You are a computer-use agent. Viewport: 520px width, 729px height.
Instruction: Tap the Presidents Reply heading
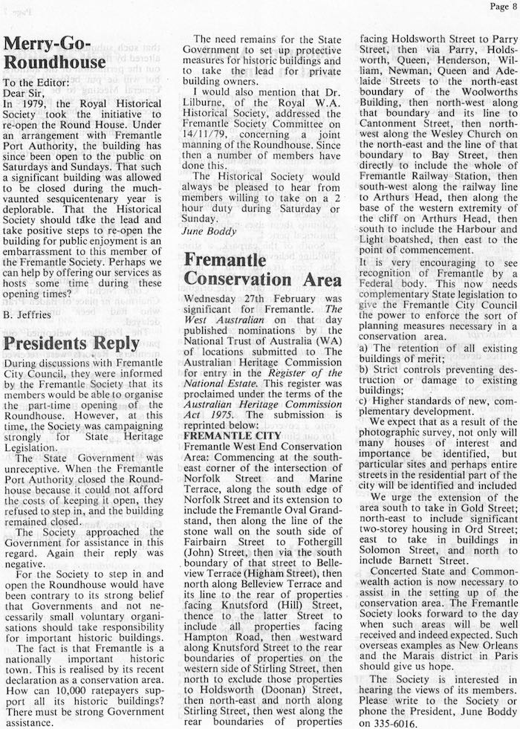click(71, 343)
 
